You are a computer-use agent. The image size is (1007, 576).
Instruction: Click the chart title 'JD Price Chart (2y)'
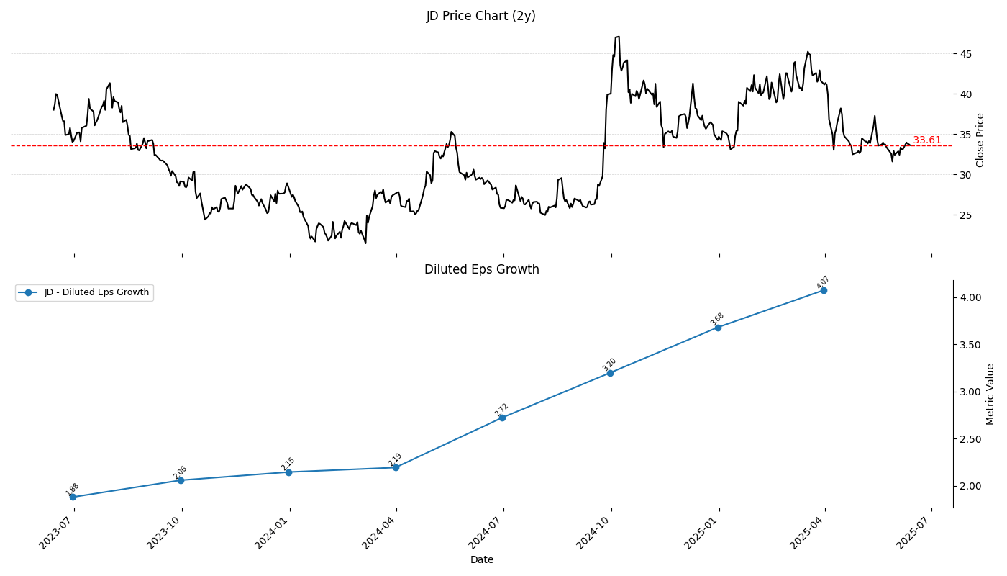tap(480, 16)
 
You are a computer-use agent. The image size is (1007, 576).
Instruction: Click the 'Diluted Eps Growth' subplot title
tap(481, 269)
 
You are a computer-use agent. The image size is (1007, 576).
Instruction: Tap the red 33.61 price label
tap(926, 140)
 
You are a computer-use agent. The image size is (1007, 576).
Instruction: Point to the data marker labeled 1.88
tap(73, 497)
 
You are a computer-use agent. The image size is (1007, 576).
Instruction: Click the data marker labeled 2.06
tap(181, 480)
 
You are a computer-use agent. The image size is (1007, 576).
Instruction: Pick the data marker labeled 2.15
tap(288, 472)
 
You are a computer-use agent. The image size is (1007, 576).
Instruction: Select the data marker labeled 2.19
tap(396, 467)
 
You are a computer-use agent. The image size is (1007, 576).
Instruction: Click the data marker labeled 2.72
tap(502, 418)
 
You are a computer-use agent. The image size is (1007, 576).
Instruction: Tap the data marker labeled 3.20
tap(610, 373)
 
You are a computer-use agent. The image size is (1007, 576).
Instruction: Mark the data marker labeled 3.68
tap(718, 328)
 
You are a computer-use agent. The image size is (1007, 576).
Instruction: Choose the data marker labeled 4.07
tap(824, 290)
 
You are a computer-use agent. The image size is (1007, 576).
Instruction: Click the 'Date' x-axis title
tap(481, 559)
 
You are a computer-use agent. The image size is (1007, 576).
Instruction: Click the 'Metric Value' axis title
tap(990, 394)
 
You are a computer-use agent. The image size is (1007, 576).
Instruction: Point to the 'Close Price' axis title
tap(980, 140)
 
